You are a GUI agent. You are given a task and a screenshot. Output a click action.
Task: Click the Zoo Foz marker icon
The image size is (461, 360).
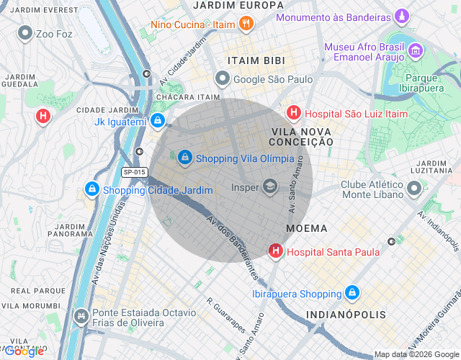pyautogui.click(x=26, y=32)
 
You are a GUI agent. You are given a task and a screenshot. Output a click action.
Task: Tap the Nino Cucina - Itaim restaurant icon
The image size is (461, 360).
pyautogui.click(x=246, y=24)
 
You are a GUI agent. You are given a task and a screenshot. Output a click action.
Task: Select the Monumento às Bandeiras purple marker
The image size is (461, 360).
pyautogui.click(x=402, y=16)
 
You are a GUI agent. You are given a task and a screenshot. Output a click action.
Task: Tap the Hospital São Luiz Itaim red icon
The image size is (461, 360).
pyautogui.click(x=293, y=112)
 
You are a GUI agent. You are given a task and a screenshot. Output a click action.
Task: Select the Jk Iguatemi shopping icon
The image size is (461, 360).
pyautogui.click(x=157, y=121)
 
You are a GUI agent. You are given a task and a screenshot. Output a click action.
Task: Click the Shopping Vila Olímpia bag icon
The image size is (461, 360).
pyautogui.click(x=185, y=156)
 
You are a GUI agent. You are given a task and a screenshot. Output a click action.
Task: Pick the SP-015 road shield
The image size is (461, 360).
pyautogui.click(x=134, y=172)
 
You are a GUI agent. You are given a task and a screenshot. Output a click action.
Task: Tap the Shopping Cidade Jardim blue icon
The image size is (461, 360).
pyautogui.click(x=91, y=189)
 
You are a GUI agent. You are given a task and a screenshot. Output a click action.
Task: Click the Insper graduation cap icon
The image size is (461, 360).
pyautogui.click(x=270, y=186)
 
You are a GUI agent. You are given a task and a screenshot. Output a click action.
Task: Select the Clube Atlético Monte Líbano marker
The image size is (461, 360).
pyautogui.click(x=414, y=189)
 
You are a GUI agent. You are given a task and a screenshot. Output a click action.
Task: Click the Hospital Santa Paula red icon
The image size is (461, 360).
pyautogui.click(x=275, y=251)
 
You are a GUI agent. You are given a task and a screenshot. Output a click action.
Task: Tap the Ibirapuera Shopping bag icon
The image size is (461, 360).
pyautogui.click(x=352, y=293)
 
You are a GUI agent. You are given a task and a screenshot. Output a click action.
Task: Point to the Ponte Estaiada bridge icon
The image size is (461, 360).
pyautogui.click(x=82, y=315)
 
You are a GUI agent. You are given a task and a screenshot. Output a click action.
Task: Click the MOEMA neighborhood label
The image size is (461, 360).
pyautogui.click(x=307, y=228)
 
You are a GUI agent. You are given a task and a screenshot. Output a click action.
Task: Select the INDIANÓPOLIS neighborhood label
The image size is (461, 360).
pyautogui.click(x=346, y=315)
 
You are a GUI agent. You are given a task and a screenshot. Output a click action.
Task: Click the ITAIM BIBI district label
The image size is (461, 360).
pyautogui.click(x=256, y=60)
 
